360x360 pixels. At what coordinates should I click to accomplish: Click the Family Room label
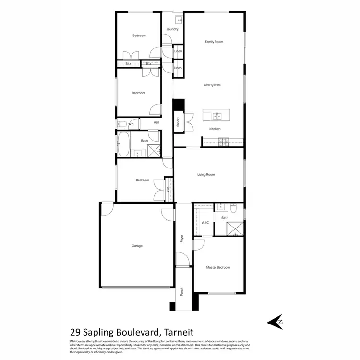click(214, 42)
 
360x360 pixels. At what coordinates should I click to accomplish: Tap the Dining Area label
click(212, 85)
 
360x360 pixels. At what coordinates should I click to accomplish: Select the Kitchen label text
click(215, 129)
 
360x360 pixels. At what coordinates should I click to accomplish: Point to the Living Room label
click(206, 175)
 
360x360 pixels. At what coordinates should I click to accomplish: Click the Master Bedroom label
click(218, 267)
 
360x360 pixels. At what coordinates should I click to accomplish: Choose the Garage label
click(137, 246)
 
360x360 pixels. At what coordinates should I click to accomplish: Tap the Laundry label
click(172, 29)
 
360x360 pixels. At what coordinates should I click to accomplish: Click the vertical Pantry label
click(178, 122)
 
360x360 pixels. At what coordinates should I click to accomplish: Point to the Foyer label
click(182, 238)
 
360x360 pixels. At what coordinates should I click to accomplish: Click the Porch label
click(182, 291)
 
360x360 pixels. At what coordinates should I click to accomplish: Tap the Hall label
click(156, 123)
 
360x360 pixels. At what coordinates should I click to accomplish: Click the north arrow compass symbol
click(276, 322)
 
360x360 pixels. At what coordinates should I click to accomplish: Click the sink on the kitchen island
click(217, 116)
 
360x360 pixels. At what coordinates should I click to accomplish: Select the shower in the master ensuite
click(235, 228)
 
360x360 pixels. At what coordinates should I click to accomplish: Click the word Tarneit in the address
click(180, 331)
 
